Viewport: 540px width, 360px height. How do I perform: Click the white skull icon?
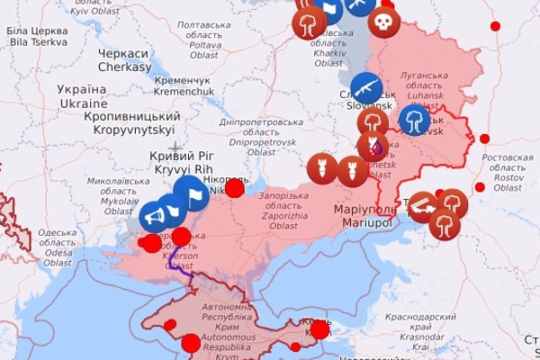(x=383, y=22)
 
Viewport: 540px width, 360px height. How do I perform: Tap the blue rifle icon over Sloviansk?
(x=366, y=88)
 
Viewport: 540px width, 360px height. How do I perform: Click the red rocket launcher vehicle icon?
(x=424, y=206)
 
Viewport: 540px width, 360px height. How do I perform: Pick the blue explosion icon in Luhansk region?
(x=414, y=121)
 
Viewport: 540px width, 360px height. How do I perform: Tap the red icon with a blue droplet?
(x=373, y=146)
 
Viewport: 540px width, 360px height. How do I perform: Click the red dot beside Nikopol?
(x=234, y=187)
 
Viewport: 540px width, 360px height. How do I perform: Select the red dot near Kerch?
(x=319, y=329)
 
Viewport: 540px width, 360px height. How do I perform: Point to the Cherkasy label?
(x=124, y=60)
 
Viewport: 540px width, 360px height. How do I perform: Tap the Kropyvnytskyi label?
(x=132, y=124)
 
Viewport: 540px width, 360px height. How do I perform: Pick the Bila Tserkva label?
(x=37, y=36)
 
